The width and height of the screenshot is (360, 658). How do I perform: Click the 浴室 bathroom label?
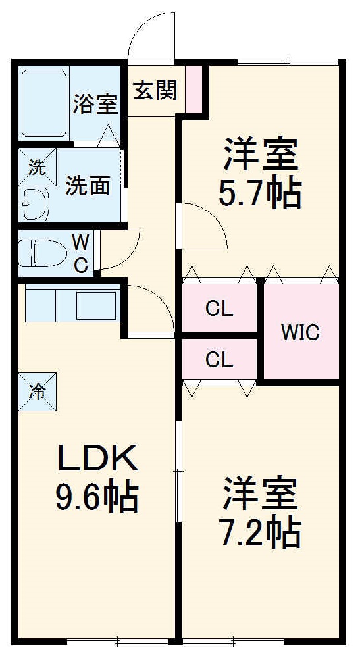point(95,104)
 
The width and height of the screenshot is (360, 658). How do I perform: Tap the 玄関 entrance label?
point(155,90)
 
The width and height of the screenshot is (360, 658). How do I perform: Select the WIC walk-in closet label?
point(301,332)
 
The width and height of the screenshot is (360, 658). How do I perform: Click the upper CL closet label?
point(219,308)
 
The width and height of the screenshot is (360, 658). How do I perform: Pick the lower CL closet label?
point(219,359)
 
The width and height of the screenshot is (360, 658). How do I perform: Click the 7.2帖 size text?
point(260,533)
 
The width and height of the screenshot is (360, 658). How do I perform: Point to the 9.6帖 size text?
point(97,498)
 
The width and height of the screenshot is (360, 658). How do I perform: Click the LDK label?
point(97,459)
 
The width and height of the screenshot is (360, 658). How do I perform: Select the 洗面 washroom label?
point(88,186)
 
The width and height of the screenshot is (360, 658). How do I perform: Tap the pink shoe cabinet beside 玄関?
point(193,89)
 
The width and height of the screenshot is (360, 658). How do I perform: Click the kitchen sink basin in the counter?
point(96,305)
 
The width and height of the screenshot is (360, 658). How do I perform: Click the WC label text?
point(80,253)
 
